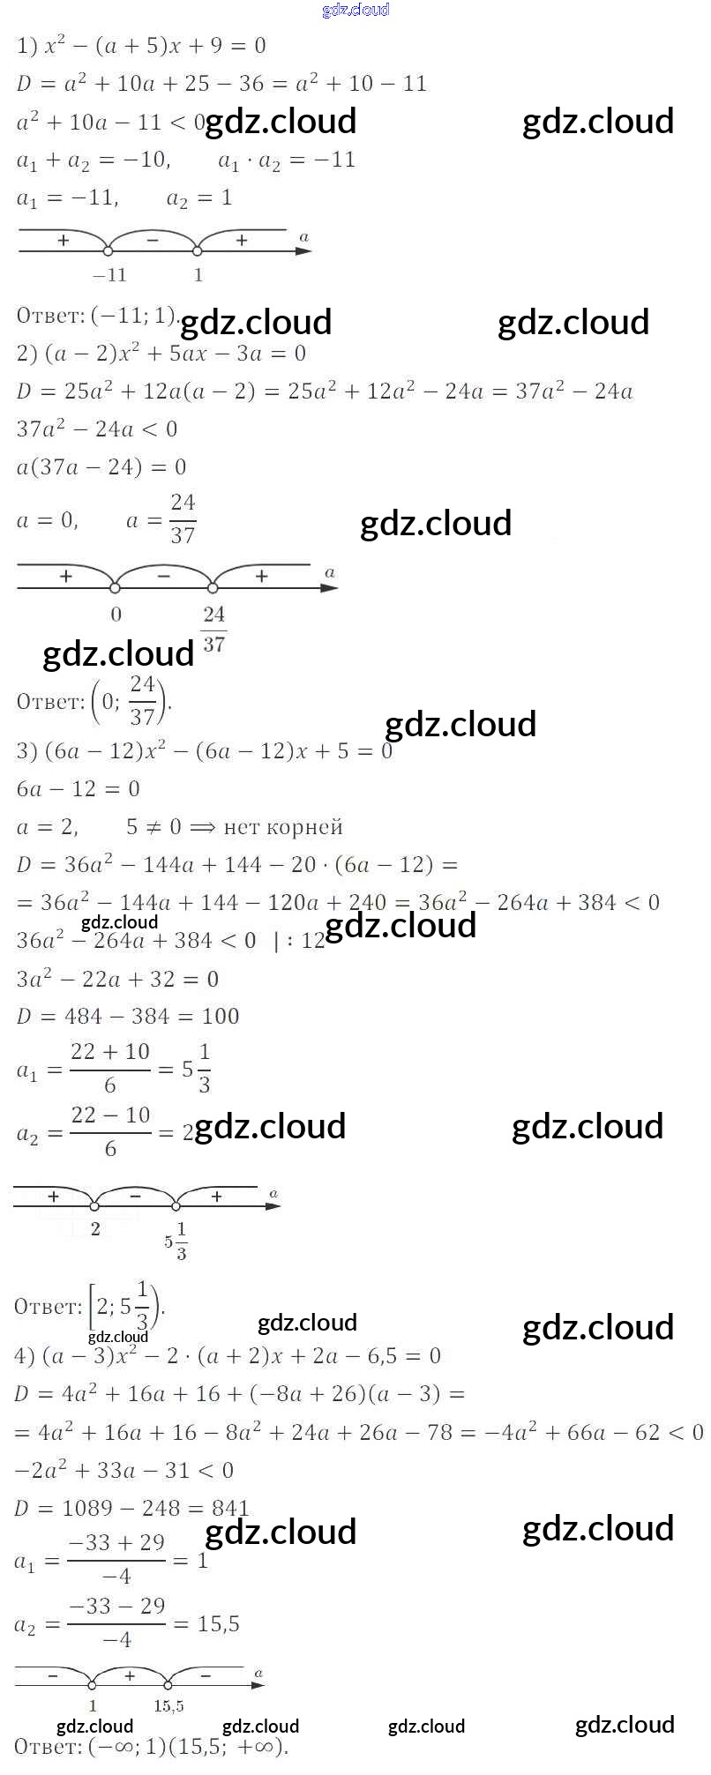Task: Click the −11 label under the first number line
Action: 110,275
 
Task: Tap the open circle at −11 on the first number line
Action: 108,251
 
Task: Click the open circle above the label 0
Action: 115,587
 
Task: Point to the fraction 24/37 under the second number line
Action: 213,629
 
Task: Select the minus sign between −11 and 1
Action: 152,240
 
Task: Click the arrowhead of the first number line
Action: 303,251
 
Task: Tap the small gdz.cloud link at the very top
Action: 355,10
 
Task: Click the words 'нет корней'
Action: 283,827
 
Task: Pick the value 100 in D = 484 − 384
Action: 221,1016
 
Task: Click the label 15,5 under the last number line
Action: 168,1706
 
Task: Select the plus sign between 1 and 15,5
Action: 130,1674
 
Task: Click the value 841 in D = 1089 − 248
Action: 231,1508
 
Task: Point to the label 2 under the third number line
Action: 95,1228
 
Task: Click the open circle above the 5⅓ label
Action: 176,1206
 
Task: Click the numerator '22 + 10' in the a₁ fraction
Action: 110,1052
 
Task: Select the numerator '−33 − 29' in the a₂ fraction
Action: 116,1606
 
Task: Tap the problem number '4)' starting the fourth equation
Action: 25,1355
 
